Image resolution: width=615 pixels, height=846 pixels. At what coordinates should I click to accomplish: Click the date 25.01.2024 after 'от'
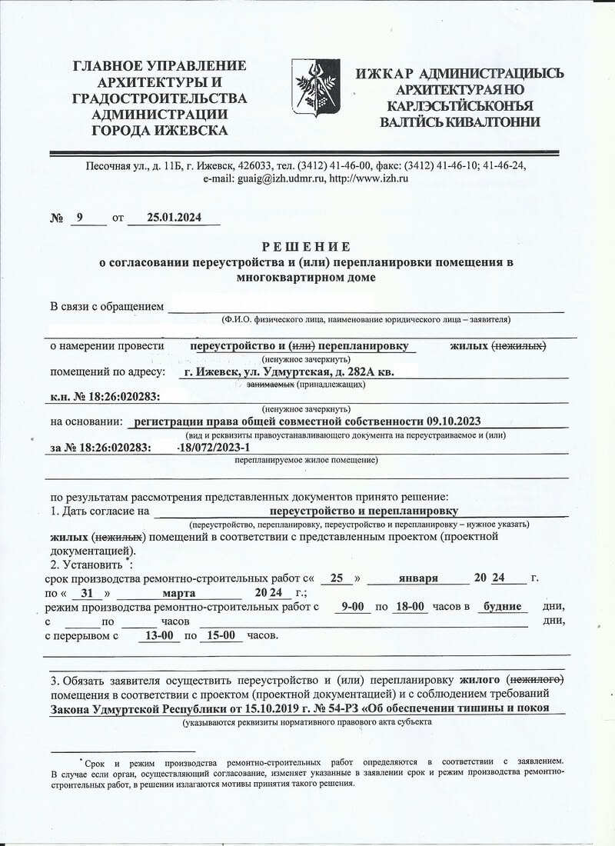click(x=174, y=218)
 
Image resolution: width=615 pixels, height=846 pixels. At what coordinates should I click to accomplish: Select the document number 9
click(x=79, y=218)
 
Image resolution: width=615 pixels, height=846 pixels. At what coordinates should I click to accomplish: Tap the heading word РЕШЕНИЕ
click(x=306, y=247)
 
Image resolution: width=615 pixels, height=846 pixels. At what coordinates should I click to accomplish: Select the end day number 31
click(x=91, y=593)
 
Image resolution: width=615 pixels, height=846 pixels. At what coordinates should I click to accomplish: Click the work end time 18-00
click(x=409, y=607)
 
